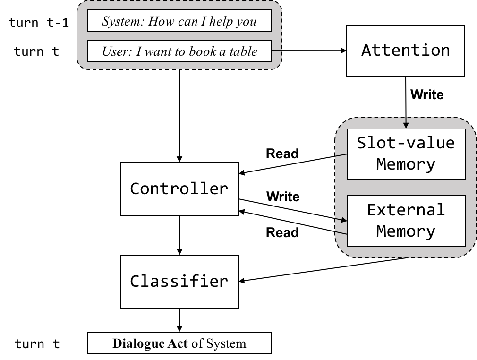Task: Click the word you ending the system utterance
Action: [x=247, y=22]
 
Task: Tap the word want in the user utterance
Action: [x=158, y=51]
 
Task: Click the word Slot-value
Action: [x=406, y=143]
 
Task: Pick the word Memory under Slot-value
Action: [x=406, y=164]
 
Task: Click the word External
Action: [x=406, y=209]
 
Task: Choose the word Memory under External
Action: [x=406, y=231]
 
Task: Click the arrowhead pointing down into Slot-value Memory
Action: [x=406, y=125]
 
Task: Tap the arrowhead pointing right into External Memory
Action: [x=344, y=220]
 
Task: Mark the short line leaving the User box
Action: [x=278, y=51]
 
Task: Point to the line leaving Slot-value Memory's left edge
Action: [x=341, y=155]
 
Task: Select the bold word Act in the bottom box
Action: [x=178, y=343]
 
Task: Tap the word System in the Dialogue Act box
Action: [x=226, y=343]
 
